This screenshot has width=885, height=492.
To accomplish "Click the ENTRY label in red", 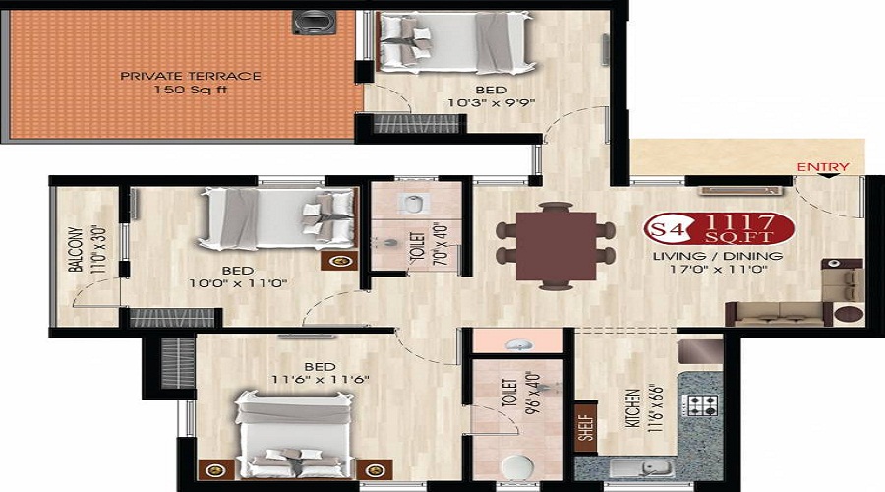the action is tap(823, 167).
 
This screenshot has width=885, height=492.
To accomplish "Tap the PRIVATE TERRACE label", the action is tap(191, 76).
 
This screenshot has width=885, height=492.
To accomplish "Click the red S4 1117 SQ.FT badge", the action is tap(719, 228).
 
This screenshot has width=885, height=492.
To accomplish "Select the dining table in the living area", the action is tap(556, 246).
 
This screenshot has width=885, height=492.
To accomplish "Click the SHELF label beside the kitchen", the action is tap(586, 428).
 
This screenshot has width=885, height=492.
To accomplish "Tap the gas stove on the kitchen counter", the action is tap(700, 404).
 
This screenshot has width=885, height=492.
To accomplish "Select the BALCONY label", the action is tap(76, 249).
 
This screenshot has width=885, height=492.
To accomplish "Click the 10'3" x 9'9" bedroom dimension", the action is tap(491, 103).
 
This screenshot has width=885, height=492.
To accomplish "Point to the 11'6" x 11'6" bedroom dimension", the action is tap(320, 380).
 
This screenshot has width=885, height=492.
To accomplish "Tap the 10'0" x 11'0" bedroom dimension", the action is tap(238, 283).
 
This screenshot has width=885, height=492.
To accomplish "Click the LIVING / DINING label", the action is tap(718, 256).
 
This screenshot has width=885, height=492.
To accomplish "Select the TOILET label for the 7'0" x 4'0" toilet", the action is tap(418, 246).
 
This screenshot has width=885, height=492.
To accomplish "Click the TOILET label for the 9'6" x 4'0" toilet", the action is tap(509, 393).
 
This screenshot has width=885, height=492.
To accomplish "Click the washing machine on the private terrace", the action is tap(307, 24).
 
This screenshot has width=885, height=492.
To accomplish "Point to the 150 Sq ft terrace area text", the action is tap(191, 90).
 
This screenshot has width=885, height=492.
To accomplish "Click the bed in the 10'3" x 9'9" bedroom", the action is tap(455, 42).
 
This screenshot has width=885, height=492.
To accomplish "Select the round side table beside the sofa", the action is tap(849, 314).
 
